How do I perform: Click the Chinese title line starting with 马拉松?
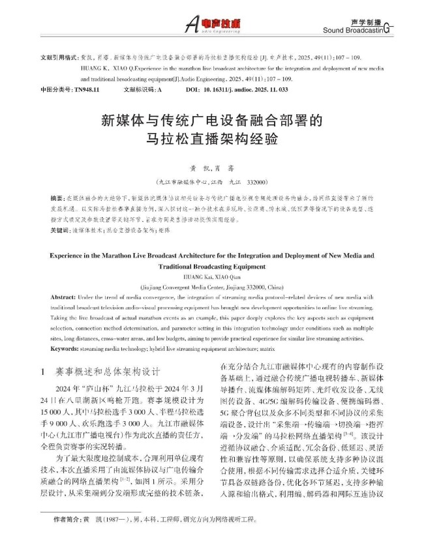pos(212,138)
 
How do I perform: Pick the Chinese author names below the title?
pos(212,167)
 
